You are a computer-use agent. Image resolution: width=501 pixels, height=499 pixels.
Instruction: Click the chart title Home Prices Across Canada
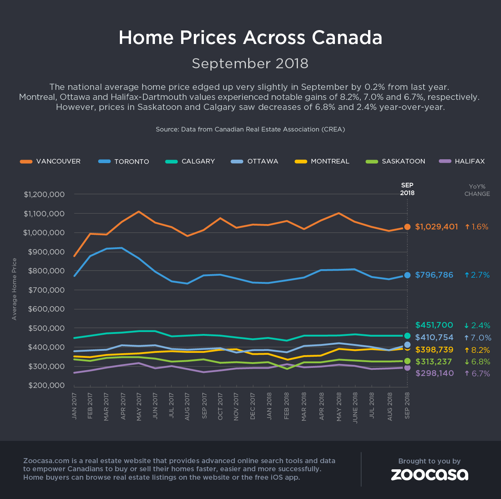tap(250, 38)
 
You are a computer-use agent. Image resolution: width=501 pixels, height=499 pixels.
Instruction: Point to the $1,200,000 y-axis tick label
tap(44, 194)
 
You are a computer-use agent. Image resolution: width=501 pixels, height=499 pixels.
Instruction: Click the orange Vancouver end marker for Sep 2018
tap(407, 227)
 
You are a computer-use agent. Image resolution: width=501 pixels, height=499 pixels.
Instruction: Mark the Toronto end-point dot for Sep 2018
tap(407, 275)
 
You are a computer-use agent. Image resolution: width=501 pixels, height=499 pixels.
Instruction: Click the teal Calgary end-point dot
tap(407, 335)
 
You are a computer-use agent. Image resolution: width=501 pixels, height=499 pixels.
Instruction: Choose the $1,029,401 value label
tap(436, 227)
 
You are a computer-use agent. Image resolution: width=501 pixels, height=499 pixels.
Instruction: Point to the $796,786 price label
tap(434, 275)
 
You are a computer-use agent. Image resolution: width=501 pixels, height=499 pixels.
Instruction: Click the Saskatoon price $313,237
tap(434, 362)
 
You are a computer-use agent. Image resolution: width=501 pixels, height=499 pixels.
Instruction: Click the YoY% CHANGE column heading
tap(477, 190)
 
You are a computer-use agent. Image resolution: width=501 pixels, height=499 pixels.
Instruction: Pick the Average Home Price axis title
tap(15, 289)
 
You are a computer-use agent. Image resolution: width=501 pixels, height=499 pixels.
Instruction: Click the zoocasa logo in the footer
tap(429, 474)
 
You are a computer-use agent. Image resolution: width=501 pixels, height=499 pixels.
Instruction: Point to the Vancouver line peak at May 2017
tap(139, 212)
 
